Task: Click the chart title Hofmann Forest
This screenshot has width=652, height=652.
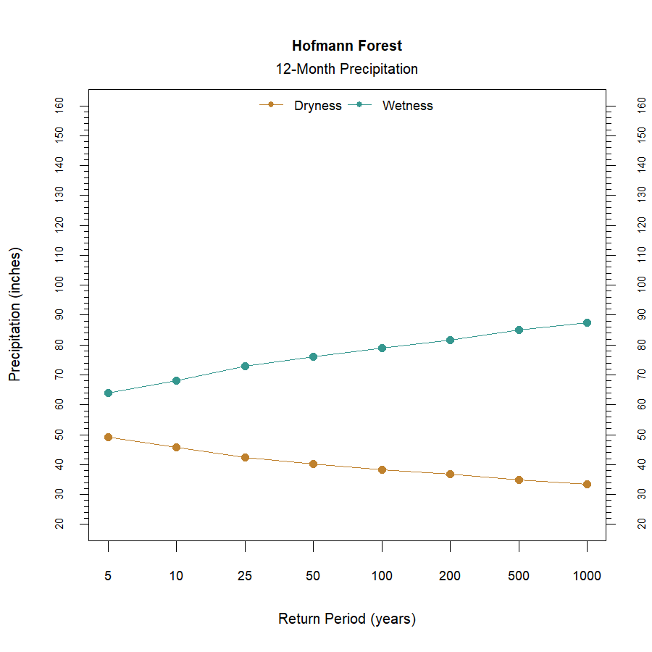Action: click(x=347, y=46)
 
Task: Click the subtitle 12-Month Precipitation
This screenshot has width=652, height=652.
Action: click(x=347, y=70)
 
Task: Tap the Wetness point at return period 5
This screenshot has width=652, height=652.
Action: click(x=108, y=393)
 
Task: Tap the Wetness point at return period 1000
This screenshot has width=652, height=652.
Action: click(x=587, y=322)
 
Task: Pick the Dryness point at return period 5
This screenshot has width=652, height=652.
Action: click(x=108, y=437)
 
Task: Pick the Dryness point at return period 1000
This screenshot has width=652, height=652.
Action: click(x=587, y=484)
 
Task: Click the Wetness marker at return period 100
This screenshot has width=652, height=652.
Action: click(x=382, y=348)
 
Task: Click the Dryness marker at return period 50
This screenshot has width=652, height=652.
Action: click(x=313, y=464)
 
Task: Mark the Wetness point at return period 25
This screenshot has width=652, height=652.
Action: click(x=245, y=366)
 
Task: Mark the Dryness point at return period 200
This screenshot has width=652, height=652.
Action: click(x=450, y=474)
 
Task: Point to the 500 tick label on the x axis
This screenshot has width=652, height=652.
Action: click(x=519, y=577)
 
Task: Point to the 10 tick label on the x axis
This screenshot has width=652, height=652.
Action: click(x=176, y=577)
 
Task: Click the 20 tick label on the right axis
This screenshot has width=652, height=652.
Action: click(x=641, y=523)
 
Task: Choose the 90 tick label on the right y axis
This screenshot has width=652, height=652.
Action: click(x=641, y=314)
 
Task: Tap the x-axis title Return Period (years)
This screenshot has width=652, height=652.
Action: click(x=347, y=619)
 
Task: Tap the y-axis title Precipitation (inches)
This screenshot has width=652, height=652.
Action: click(x=15, y=314)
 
